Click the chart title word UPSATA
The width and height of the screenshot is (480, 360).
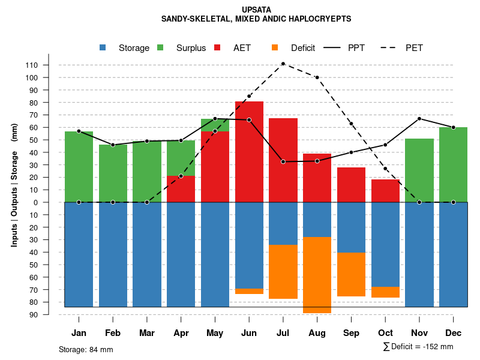click(x=256, y=10)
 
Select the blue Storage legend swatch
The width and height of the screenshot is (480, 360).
click(x=103, y=47)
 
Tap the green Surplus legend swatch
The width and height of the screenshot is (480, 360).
click(x=161, y=47)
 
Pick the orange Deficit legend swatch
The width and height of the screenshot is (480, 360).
click(x=275, y=47)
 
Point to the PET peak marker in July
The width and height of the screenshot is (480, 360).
click(x=283, y=64)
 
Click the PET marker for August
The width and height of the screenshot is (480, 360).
click(x=317, y=77)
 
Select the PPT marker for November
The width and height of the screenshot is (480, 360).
click(x=419, y=119)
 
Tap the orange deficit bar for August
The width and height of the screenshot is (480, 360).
click(x=317, y=275)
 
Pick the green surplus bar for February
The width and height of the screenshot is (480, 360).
click(x=113, y=173)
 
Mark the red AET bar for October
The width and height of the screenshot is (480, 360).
click(x=385, y=191)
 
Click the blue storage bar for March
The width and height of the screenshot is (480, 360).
click(x=147, y=254)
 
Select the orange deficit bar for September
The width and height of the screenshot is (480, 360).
click(x=351, y=274)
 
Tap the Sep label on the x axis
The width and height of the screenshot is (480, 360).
click(x=351, y=333)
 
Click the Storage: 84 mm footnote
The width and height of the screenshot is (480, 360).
click(x=86, y=349)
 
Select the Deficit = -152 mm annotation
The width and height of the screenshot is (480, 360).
click(x=418, y=347)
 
